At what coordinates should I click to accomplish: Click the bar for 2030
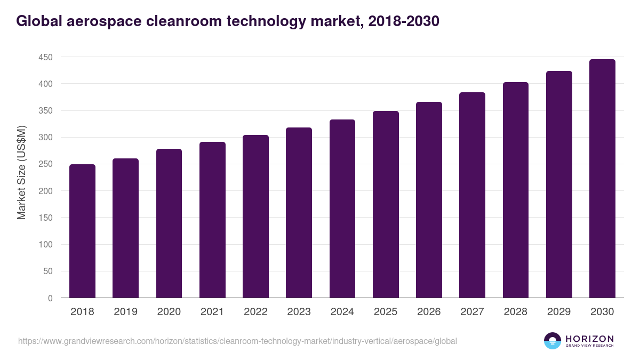pyautogui.click(x=602, y=179)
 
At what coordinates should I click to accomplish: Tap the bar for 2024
pyautogui.click(x=342, y=209)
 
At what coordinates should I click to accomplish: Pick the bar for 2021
pyautogui.click(x=212, y=220)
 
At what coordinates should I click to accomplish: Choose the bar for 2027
pyautogui.click(x=472, y=195)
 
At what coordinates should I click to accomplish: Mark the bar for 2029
pyautogui.click(x=559, y=185)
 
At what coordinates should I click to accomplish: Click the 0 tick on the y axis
pyautogui.click(x=50, y=298)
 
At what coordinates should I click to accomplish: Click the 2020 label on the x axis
pyautogui.click(x=169, y=312)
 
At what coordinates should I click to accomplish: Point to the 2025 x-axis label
pyautogui.click(x=386, y=312)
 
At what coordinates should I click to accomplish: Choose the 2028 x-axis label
pyautogui.click(x=516, y=312)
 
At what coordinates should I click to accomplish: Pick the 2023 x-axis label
pyautogui.click(x=299, y=312)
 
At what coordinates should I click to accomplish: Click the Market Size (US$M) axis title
pyautogui.click(x=21, y=173)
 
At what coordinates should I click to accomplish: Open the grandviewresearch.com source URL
pyautogui.click(x=237, y=341)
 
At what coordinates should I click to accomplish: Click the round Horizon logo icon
pyautogui.click(x=553, y=341)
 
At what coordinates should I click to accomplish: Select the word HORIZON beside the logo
pyautogui.click(x=590, y=339)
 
